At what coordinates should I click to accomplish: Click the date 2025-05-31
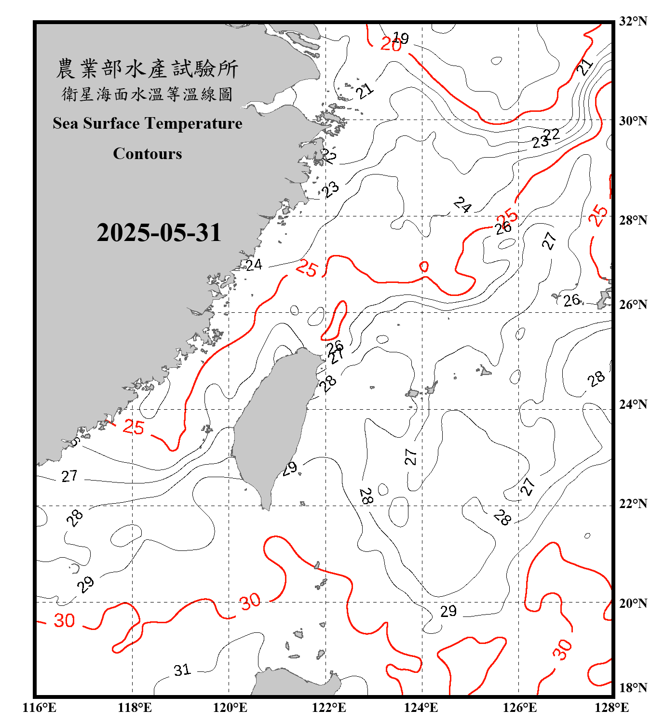tap(159, 233)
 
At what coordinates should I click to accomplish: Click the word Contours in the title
tap(148, 153)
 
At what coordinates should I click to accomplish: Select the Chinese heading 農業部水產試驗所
tap(147, 69)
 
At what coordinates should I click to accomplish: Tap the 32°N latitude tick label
tap(633, 21)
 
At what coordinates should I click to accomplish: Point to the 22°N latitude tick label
tap(633, 504)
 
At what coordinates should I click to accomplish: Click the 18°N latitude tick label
tap(633, 688)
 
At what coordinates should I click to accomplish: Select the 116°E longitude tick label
tap(39, 708)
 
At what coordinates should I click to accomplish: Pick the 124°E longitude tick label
tap(421, 708)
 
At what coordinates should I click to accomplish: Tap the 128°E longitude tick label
tap(611, 708)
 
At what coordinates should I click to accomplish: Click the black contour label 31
tap(182, 670)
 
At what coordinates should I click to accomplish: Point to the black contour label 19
tap(401, 38)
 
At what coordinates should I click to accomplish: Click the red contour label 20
tap(390, 44)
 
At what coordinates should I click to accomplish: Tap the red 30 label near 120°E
tap(250, 602)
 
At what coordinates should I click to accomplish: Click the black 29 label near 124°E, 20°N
tap(448, 611)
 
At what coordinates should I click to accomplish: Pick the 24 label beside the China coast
tap(254, 265)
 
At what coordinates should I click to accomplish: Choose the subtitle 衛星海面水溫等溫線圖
tap(147, 94)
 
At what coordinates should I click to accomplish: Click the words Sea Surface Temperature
tap(148, 123)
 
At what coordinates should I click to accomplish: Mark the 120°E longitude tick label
tap(230, 708)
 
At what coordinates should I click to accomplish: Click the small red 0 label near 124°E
tap(424, 267)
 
